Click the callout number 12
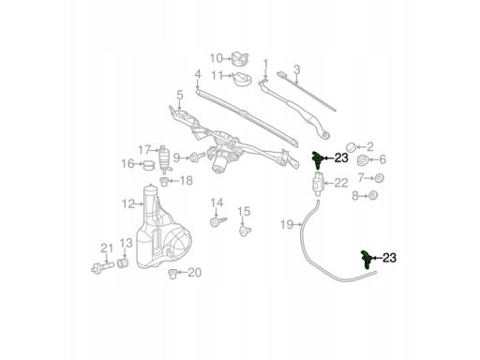[128, 204]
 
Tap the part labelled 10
[240, 58]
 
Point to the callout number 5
[179, 96]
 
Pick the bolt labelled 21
[102, 268]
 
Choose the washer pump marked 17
[164, 159]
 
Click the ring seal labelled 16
[149, 165]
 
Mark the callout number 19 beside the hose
[287, 224]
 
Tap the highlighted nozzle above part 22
[317, 158]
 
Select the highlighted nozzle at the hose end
[366, 259]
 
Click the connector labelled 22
[318, 183]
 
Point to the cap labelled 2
[352, 146]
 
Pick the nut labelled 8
[372, 196]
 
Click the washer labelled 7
[379, 178]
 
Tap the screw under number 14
[217, 222]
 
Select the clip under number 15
[245, 232]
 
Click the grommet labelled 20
[172, 274]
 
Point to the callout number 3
[297, 69]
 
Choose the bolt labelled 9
[197, 157]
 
